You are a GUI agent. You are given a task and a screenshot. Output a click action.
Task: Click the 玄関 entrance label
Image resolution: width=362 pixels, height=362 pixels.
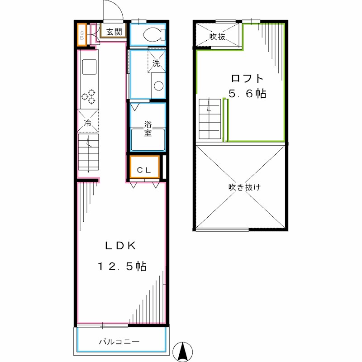[x=114, y=32]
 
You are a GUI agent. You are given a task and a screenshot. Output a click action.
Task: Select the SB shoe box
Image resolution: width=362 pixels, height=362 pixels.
[x=82, y=35]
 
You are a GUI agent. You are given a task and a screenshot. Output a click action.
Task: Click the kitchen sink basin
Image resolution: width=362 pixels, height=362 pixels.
[x=89, y=67]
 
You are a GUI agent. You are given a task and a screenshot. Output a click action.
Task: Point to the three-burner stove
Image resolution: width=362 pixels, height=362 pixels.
[x=89, y=96]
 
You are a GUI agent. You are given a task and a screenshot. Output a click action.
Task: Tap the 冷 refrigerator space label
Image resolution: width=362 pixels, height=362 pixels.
[x=87, y=123]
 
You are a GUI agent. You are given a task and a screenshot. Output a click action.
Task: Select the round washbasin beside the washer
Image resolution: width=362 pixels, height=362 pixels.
[x=159, y=86]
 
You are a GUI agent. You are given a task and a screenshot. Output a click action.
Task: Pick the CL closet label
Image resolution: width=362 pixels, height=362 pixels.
[x=144, y=170]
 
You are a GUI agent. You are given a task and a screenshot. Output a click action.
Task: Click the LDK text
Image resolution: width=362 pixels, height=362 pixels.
[x=120, y=246]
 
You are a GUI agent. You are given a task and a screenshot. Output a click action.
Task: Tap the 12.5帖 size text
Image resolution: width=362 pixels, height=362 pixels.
[x=122, y=266]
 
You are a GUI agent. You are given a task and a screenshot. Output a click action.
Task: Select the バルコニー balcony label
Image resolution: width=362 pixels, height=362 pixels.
[x=119, y=342]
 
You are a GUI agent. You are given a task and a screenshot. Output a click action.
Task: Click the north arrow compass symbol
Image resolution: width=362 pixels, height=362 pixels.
[x=183, y=352]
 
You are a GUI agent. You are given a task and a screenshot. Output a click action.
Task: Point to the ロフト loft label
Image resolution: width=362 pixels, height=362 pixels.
[x=247, y=79]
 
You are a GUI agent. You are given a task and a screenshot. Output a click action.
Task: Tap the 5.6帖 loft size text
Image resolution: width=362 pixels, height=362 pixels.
[x=247, y=94]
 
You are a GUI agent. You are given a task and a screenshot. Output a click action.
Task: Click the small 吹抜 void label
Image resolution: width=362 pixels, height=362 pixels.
[x=217, y=37]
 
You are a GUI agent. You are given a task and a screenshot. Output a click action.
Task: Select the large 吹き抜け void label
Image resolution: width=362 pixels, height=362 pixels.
[x=244, y=187]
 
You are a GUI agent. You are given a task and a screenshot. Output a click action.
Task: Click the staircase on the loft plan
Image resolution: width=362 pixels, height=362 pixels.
[x=210, y=119]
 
